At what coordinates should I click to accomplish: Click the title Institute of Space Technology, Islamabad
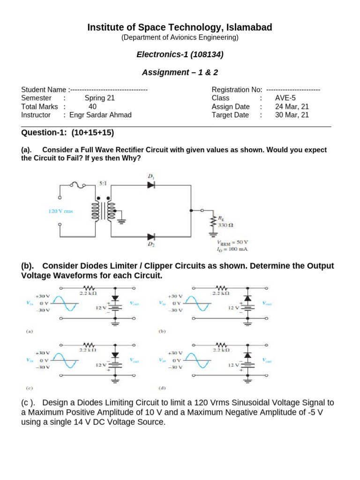pyautogui.click(x=180, y=28)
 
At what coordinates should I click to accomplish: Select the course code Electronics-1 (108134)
pyautogui.click(x=180, y=55)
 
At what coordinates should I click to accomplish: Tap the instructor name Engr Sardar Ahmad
pyautogui.click(x=100, y=115)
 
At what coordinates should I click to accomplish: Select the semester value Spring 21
pyautogui.click(x=99, y=98)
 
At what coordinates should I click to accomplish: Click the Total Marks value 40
pyautogui.click(x=92, y=106)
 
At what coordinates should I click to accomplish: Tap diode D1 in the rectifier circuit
pyautogui.click(x=151, y=185)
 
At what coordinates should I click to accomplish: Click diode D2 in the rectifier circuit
pyautogui.click(x=151, y=237)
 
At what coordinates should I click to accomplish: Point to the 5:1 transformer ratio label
pyautogui.click(x=103, y=183)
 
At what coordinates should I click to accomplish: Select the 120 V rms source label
pyautogui.click(x=61, y=211)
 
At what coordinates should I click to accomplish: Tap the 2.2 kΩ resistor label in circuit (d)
pyautogui.click(x=221, y=350)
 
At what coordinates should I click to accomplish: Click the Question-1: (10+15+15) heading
pyautogui.click(x=67, y=133)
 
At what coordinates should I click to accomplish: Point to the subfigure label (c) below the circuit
pyautogui.click(x=29, y=389)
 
